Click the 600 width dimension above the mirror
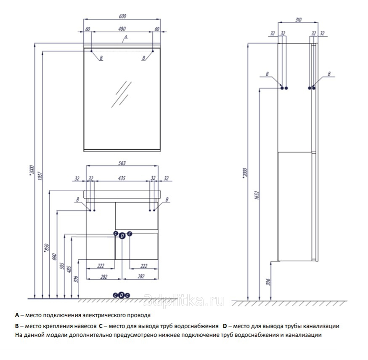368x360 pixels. [122, 16]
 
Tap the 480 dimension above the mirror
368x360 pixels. [122, 29]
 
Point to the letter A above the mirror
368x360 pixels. [125, 38]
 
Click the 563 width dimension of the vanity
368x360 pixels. [122, 163]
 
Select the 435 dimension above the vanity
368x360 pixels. [122, 179]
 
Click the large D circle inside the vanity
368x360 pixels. [122, 236]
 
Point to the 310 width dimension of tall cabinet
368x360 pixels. [299, 20]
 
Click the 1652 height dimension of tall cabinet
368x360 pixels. [256, 196]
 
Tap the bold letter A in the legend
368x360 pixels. [17, 315]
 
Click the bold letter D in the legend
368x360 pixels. [225, 326]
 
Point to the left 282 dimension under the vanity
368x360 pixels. [104, 277]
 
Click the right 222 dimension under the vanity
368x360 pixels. [144, 266]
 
